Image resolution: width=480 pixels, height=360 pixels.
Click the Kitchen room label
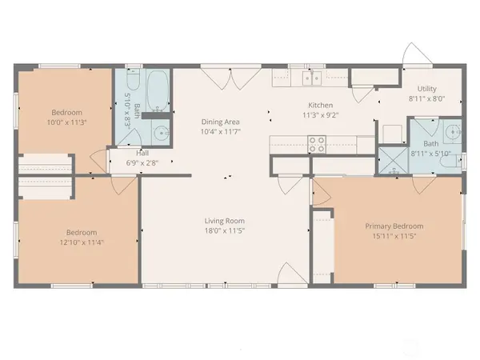(x=321, y=106)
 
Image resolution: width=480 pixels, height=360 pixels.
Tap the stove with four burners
(x=318, y=145)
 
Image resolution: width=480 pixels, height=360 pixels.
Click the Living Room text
(x=224, y=221)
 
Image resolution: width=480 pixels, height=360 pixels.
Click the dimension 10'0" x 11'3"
(x=65, y=122)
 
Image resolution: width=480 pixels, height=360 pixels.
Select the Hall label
(x=143, y=152)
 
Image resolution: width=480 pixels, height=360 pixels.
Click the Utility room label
(x=426, y=90)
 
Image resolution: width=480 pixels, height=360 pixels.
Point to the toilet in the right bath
(x=445, y=163)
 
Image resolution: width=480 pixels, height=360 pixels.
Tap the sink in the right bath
(x=452, y=132)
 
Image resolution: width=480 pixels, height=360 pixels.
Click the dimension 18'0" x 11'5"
(x=224, y=231)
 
